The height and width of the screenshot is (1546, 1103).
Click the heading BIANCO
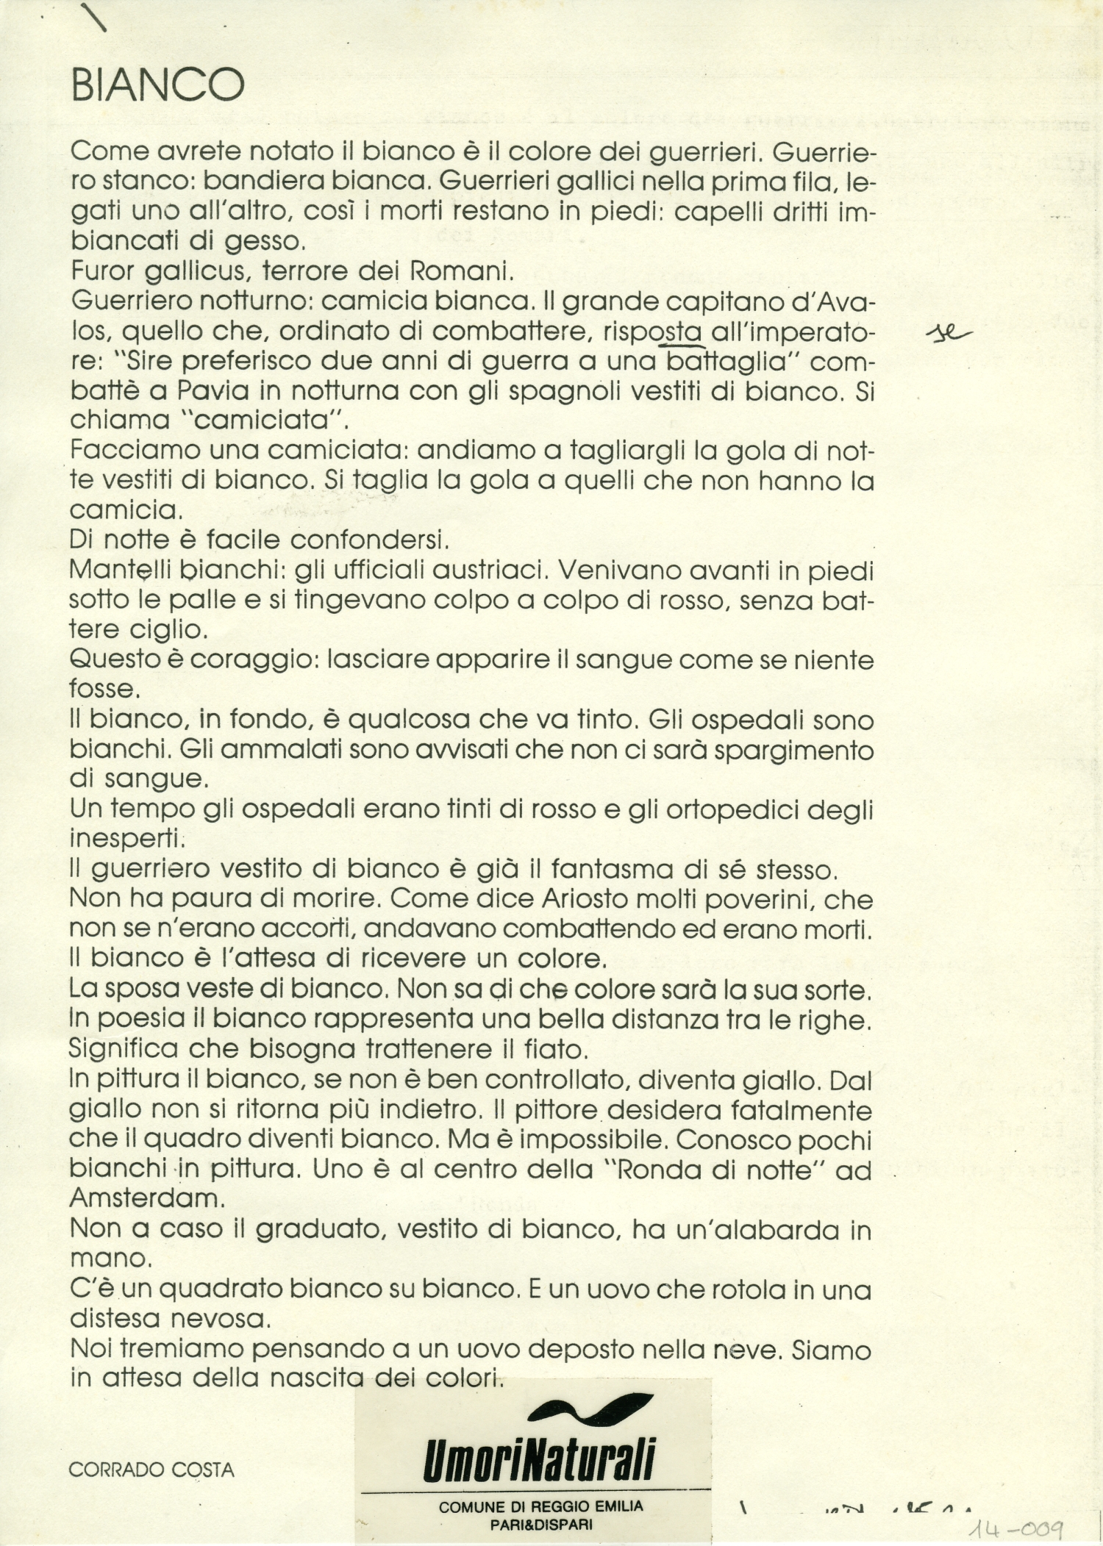(157, 86)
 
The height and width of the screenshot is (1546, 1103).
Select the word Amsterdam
(147, 1198)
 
